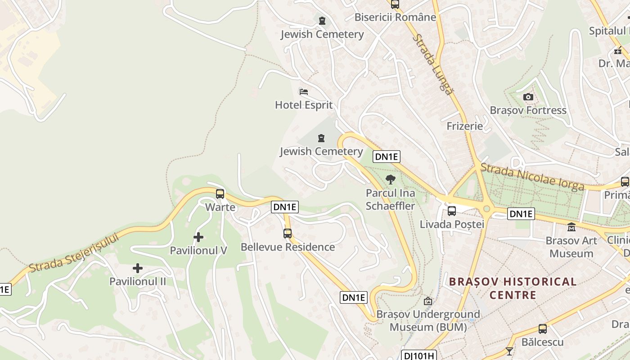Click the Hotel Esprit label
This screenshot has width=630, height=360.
point(304,105)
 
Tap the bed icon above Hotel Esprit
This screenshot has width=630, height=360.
point(304,92)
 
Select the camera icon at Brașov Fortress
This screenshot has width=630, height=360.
point(528,97)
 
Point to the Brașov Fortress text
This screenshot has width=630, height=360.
point(528,110)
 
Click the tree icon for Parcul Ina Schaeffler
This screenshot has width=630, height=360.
point(391,180)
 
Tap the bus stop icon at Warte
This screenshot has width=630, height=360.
point(220,194)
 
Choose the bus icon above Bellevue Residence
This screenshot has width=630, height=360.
point(288,234)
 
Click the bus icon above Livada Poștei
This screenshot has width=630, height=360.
point(452,211)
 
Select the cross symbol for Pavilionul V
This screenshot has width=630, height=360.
point(198,237)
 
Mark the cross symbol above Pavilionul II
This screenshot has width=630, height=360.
point(138,269)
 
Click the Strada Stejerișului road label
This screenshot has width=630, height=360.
point(74,253)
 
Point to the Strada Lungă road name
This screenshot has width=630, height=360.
point(433,64)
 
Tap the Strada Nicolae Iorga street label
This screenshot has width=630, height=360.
point(532,177)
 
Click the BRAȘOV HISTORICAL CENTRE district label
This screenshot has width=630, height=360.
point(513,288)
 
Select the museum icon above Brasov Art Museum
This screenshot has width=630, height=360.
point(571,227)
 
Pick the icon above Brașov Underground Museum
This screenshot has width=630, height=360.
point(428,301)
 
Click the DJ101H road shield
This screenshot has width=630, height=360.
point(419,355)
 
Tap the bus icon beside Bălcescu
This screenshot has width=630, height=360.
point(543,329)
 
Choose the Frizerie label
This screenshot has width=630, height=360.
point(464,126)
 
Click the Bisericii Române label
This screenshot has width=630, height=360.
point(395,18)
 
